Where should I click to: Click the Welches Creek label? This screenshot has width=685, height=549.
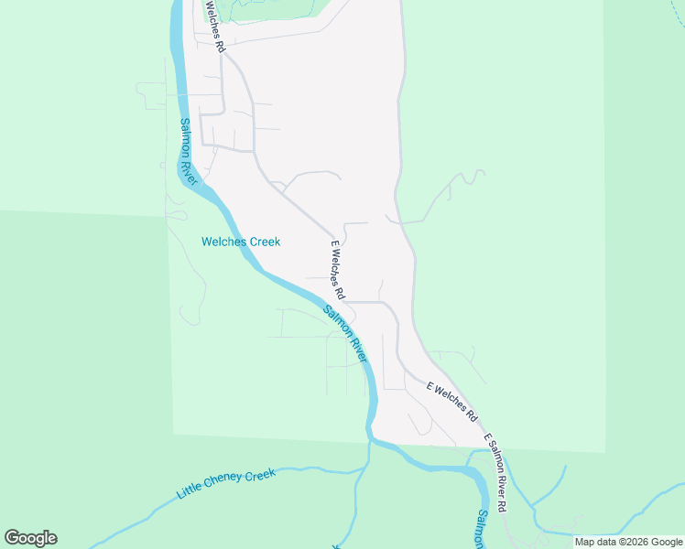point(241,242)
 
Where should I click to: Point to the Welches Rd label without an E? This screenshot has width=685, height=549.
point(213,25)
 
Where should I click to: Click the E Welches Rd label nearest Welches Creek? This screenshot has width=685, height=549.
point(337,270)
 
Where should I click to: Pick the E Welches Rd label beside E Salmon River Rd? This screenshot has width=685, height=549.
point(452,401)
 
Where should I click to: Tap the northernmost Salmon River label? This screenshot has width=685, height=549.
point(189,151)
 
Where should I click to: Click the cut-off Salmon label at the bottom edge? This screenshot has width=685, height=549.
point(480,530)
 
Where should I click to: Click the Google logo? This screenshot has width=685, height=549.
point(30,538)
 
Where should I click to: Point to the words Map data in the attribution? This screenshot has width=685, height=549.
point(594,542)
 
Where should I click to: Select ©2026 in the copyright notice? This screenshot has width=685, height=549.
point(632,542)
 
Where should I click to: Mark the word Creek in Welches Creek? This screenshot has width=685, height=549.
point(264,242)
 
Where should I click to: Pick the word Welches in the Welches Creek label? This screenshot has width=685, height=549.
point(223,242)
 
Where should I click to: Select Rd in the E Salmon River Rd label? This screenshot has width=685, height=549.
point(503,506)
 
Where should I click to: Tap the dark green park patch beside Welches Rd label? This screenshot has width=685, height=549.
point(275,9)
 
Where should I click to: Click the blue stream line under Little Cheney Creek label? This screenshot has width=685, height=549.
point(275,473)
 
